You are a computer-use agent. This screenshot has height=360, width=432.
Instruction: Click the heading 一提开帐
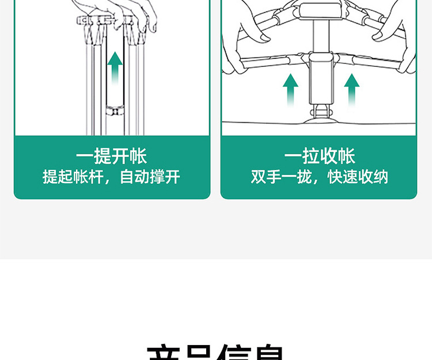tap(111, 156)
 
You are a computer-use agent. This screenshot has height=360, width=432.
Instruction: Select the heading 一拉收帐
tap(319, 156)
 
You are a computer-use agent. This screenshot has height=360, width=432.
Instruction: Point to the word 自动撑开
tap(150, 176)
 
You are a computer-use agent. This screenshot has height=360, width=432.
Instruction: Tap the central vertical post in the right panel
tap(319, 75)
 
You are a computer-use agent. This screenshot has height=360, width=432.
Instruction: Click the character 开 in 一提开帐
tap(120, 156)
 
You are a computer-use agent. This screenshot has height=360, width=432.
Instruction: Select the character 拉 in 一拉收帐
tap(310, 156)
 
